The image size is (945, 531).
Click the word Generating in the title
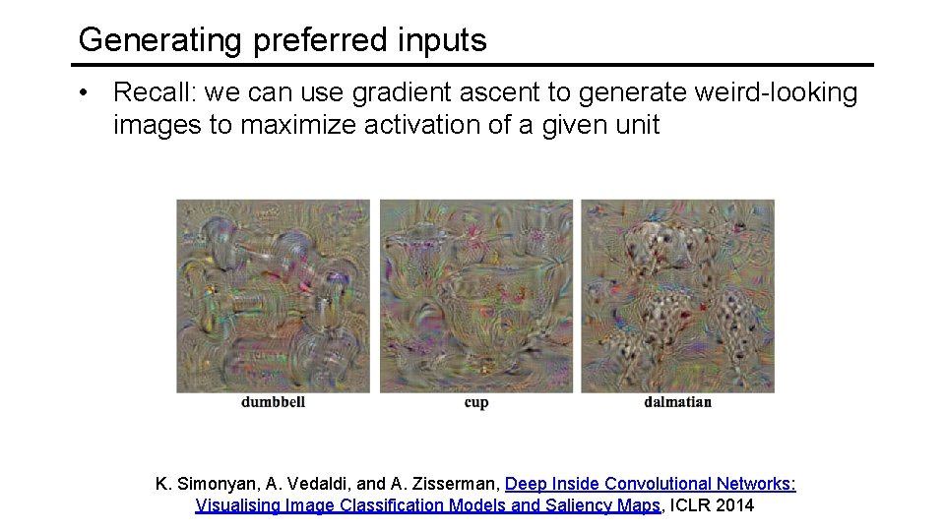160,40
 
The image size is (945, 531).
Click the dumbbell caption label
273,402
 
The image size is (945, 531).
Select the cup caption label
476,402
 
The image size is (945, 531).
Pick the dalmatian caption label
677,402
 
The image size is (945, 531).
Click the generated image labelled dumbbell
273,296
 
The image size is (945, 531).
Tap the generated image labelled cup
476,296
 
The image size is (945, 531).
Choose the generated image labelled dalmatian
677,296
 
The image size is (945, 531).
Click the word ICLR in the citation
691,506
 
